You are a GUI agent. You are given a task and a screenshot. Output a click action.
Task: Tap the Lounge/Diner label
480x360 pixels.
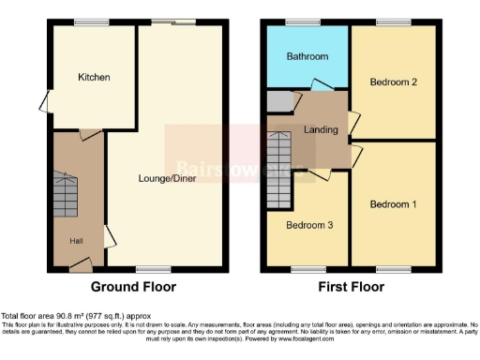[165, 178]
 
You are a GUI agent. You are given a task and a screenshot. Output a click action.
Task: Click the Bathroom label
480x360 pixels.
[307, 56]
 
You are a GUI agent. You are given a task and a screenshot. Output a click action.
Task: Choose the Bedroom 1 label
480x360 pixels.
[393, 203]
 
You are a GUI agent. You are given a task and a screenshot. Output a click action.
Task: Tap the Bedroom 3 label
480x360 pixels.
[307, 226]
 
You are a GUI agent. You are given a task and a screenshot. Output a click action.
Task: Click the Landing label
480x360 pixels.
[319, 130]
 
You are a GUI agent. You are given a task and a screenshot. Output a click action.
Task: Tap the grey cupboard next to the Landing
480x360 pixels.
[278, 101]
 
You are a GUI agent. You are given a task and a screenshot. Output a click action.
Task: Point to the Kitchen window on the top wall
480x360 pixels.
[91, 22]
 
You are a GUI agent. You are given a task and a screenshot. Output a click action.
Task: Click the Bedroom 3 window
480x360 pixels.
[306, 269]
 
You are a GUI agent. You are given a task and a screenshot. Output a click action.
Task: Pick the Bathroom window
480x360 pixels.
[302, 22]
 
